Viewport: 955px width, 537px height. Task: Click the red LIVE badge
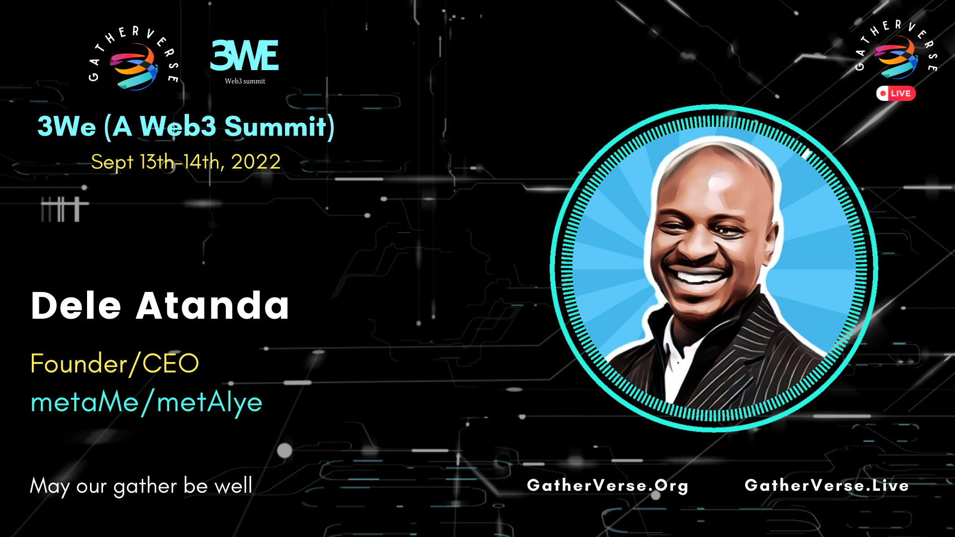pos(896,93)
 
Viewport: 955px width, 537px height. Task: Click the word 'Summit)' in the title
pos(280,126)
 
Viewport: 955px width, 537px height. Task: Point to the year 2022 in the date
pos(256,162)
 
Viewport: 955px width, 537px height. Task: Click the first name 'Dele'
pos(76,306)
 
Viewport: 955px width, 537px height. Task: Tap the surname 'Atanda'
pos(212,306)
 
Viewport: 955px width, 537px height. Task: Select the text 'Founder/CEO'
pos(114,363)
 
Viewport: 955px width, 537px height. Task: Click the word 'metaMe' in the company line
pos(85,402)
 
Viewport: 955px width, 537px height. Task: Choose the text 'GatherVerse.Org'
pos(607,485)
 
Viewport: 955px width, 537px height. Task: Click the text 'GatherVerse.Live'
pos(827,485)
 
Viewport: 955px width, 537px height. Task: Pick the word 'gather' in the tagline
pos(145,486)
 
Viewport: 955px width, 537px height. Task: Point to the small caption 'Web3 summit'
pos(245,81)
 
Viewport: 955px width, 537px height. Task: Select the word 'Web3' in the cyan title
pos(178,126)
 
